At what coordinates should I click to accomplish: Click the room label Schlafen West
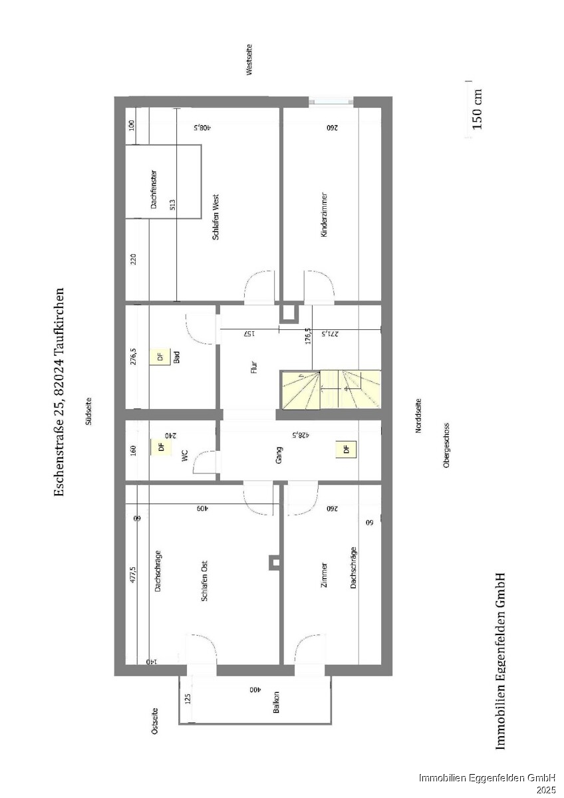click(x=215, y=217)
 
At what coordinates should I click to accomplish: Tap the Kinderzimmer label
click(x=324, y=215)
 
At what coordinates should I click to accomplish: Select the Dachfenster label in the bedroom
click(x=154, y=189)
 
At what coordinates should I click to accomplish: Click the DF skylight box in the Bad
click(x=160, y=356)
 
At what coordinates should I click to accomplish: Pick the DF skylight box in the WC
click(x=161, y=447)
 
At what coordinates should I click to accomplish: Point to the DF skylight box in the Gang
click(x=346, y=450)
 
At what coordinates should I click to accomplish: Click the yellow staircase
click(x=331, y=390)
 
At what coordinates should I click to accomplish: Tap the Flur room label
click(x=253, y=367)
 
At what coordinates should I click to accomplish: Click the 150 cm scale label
click(x=477, y=109)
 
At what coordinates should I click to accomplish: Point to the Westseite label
click(x=249, y=59)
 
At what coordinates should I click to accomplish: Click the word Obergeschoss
click(x=446, y=445)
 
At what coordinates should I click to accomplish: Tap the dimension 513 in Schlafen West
click(x=172, y=205)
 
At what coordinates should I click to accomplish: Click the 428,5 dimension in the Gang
click(x=300, y=435)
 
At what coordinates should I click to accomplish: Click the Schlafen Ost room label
click(x=204, y=581)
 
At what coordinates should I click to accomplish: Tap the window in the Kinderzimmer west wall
click(x=331, y=102)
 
